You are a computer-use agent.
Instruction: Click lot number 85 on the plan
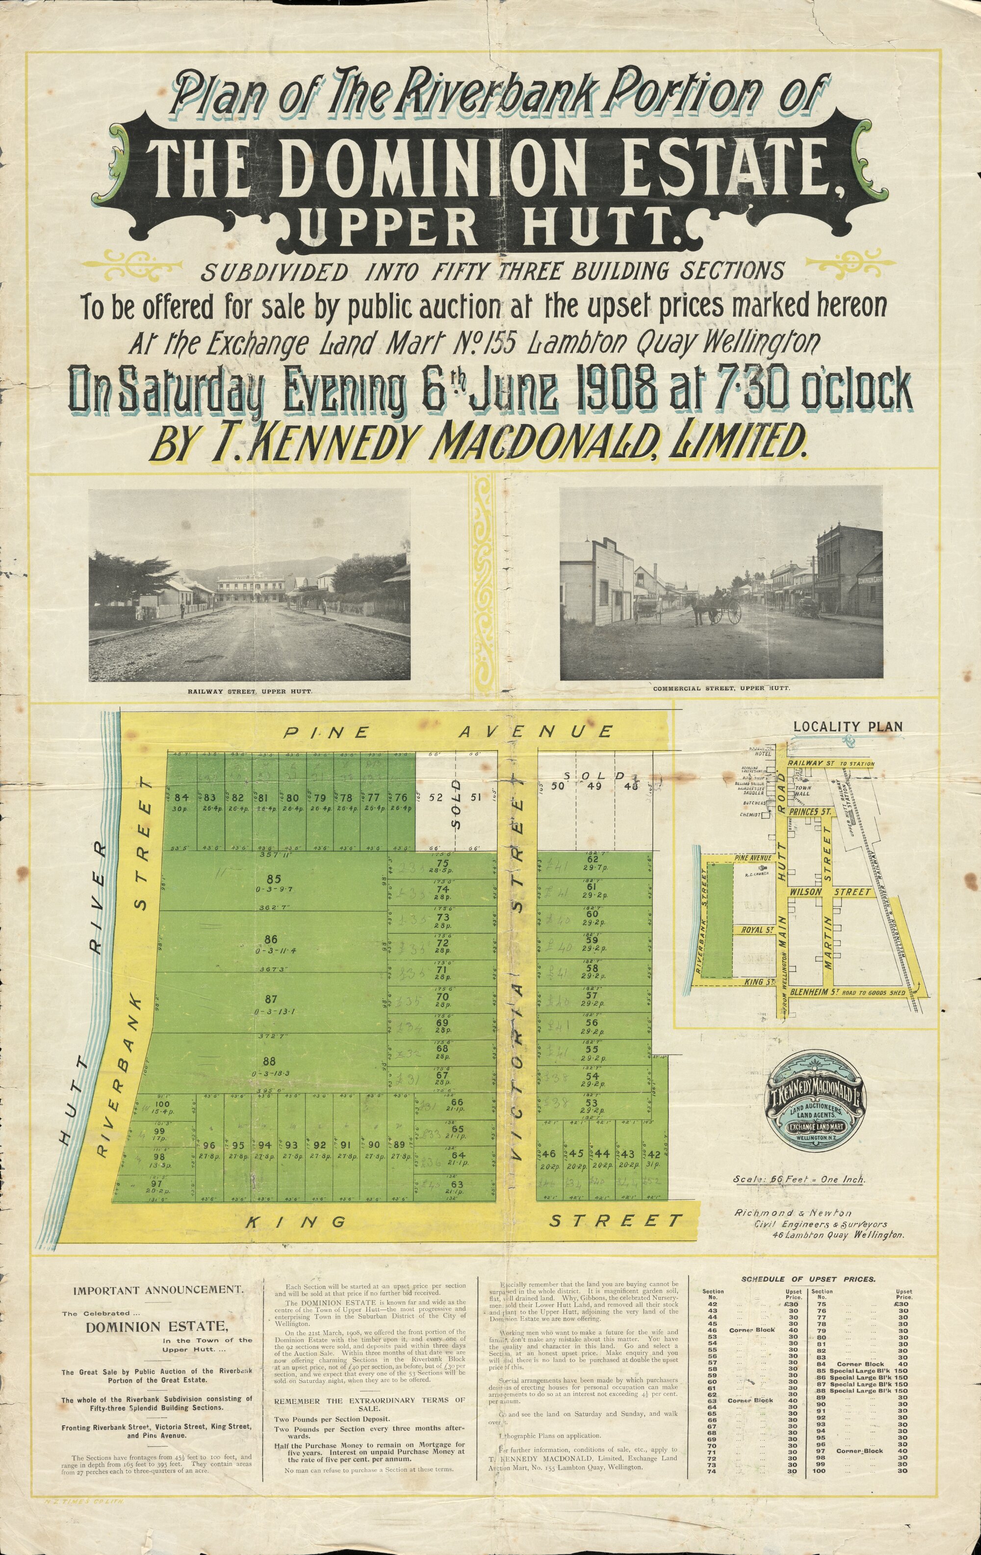point(274,879)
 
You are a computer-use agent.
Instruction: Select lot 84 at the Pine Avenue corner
point(181,797)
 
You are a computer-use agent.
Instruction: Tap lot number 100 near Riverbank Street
point(163,1106)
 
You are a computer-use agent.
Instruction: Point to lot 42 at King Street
point(653,1153)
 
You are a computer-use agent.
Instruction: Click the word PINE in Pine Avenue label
point(328,732)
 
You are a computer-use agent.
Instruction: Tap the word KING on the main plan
point(296,1221)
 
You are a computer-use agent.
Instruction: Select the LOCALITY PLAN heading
point(847,726)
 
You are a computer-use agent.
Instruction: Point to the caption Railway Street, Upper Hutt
point(250,692)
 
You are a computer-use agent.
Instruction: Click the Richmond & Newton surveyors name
point(794,1213)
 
